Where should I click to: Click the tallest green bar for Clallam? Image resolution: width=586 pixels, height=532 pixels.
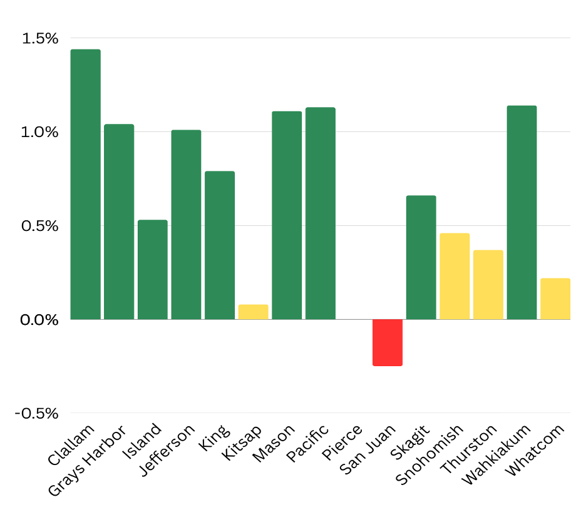[86, 184]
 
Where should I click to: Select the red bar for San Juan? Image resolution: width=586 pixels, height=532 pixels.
[388, 342]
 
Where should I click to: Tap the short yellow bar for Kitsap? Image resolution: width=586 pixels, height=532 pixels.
[254, 312]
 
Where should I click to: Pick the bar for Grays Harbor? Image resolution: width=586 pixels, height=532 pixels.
[119, 222]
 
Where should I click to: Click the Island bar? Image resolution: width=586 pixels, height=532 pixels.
[153, 270]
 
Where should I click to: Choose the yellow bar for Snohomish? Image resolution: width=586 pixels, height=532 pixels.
[455, 276]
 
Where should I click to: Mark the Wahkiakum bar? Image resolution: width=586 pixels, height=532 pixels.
[522, 213]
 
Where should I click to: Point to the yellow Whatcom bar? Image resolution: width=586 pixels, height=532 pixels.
[555, 299]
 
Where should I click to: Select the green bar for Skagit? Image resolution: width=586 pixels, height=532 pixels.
[421, 257]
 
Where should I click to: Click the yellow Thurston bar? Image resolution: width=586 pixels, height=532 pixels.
[488, 285]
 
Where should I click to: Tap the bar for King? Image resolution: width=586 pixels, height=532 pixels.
[220, 245]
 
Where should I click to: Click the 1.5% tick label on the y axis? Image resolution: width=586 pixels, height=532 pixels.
[40, 38]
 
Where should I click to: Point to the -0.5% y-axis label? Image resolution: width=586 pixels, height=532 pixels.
[36, 414]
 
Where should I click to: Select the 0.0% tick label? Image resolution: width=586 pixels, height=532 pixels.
[39, 320]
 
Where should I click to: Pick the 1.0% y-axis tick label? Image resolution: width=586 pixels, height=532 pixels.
[39, 132]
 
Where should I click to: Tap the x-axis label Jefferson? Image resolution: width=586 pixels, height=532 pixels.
[167, 451]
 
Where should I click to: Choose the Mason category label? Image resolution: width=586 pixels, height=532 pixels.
[274, 444]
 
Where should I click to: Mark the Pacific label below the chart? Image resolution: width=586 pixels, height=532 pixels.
[307, 443]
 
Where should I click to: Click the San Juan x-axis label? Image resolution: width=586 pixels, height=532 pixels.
[368, 449]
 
